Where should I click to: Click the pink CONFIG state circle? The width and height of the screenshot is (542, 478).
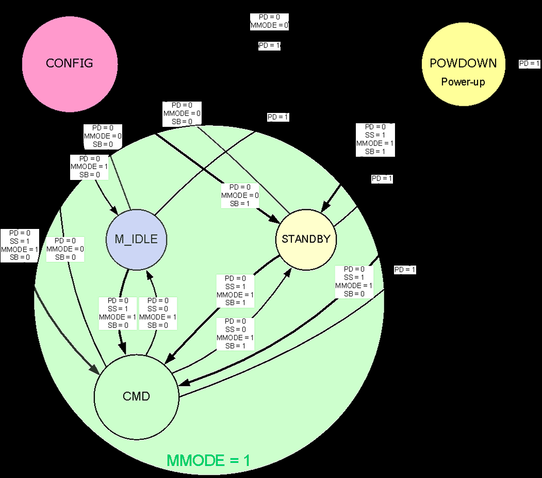(70, 63)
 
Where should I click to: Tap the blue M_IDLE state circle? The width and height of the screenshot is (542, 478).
(136, 239)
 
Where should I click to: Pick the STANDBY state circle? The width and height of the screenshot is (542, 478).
(306, 239)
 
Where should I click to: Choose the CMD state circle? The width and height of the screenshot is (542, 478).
(136, 396)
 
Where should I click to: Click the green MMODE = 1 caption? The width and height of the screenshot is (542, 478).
(208, 460)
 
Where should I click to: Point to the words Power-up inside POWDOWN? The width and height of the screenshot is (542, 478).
(463, 82)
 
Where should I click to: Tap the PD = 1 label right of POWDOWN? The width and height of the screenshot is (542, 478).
(529, 64)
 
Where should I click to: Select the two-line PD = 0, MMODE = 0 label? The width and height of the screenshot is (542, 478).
(269, 21)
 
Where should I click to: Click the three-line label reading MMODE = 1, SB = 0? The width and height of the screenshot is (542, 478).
(89, 167)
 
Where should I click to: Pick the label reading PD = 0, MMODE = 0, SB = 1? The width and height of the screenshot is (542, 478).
(240, 195)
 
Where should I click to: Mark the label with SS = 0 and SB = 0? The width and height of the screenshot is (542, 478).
(158, 313)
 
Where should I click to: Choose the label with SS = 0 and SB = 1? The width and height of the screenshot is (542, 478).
(236, 334)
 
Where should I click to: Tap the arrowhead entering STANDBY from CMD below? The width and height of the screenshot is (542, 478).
(287, 272)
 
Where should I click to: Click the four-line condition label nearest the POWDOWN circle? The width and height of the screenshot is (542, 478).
(375, 139)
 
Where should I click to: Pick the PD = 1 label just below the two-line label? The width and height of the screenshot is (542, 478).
(269, 45)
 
